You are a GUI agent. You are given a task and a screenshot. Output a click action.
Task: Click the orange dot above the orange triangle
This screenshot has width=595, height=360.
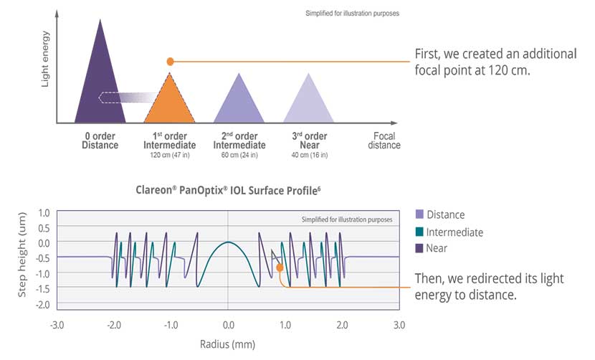coord(170,62)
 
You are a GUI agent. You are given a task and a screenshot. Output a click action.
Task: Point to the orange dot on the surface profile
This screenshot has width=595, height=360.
coord(280,267)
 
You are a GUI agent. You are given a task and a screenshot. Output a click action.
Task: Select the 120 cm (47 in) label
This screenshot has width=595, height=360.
coord(170,155)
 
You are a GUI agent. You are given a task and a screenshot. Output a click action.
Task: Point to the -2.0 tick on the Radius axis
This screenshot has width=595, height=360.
coord(113,324)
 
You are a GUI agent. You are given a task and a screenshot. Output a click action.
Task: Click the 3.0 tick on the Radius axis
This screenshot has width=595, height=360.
coord(399,324)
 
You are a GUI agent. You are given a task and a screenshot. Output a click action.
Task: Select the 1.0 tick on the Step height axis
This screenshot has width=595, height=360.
coord(44,213)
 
